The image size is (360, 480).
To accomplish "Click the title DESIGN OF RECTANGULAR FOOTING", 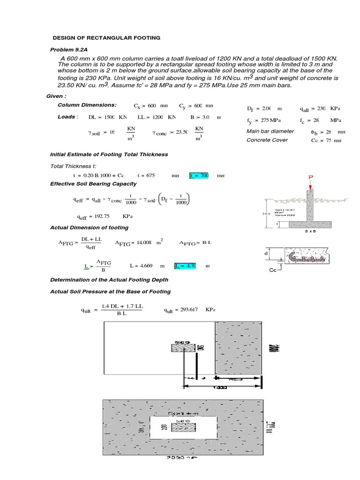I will pos(106,37).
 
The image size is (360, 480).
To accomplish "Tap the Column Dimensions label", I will pos(87,105).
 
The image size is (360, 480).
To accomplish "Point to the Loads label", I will pos(67,117).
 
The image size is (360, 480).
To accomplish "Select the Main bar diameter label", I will pos(270,131).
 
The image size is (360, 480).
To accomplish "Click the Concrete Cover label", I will pos(267,140).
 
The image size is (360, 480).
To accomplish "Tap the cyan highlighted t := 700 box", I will pos(199,175).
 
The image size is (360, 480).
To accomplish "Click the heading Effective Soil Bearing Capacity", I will pos(93,184).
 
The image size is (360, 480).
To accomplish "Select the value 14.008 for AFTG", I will pos(142,243).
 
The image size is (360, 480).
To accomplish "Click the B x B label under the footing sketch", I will pos(309,232).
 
